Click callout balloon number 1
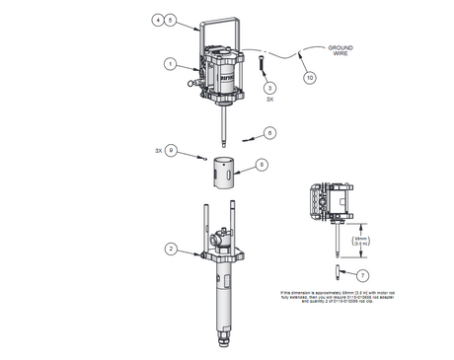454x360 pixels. click(170, 64)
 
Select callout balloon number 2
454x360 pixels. click(170, 252)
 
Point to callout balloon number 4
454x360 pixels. click(158, 19)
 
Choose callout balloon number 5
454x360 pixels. click(170, 19)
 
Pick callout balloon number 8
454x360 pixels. click(262, 165)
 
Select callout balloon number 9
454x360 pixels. click(170, 151)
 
